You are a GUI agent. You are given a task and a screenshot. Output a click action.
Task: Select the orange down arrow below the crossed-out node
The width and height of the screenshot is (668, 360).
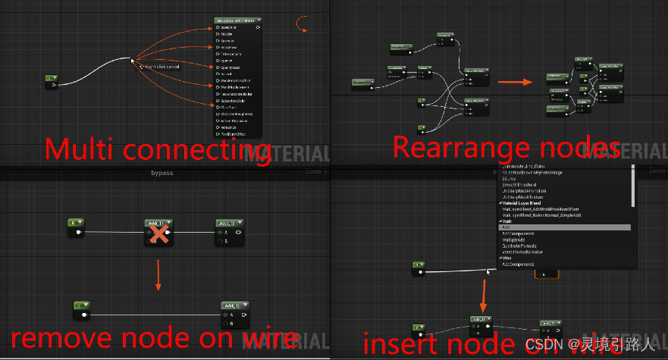pyautogui.click(x=158, y=274)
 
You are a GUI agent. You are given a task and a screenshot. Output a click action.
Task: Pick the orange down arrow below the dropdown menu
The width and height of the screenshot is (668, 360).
pyautogui.click(x=484, y=292)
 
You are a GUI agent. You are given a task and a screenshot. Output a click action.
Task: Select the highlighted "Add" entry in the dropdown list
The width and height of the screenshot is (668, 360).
pyautogui.click(x=566, y=227)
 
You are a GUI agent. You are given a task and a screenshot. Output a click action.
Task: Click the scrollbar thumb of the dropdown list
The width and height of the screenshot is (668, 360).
pyautogui.click(x=633, y=186)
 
